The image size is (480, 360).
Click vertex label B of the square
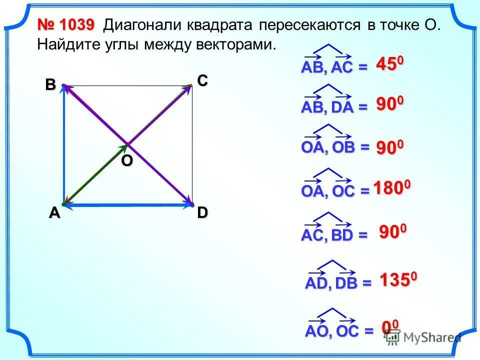pos(50,85)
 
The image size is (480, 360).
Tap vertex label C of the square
pos(202,80)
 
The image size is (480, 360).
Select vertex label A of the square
pos(54,213)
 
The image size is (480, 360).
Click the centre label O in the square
pos(127,161)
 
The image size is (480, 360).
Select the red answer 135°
pos(397,280)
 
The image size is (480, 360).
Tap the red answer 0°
pos(390,327)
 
